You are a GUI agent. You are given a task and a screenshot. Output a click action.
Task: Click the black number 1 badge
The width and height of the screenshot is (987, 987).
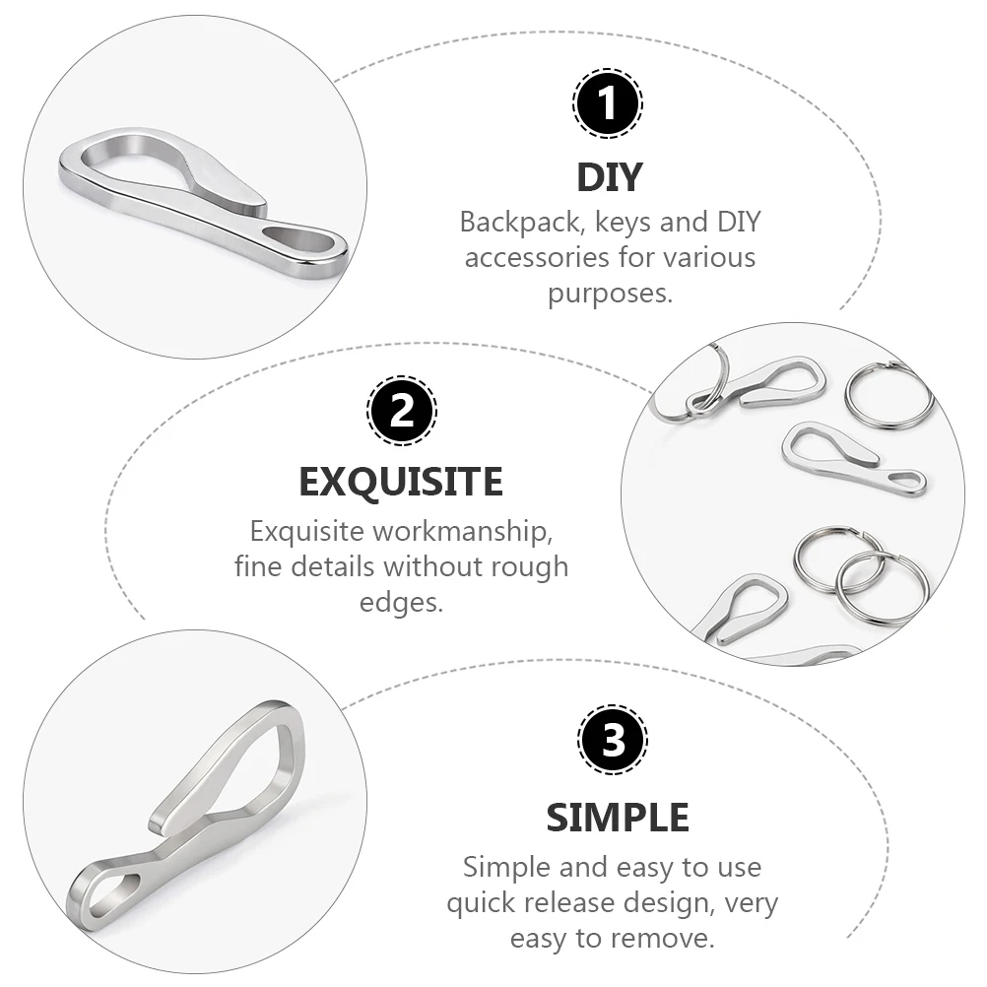click(x=608, y=103)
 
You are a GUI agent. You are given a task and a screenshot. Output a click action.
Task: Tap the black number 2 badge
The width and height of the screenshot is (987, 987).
click(x=402, y=409)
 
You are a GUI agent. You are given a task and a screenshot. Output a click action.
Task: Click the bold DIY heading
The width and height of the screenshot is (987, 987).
click(x=609, y=177)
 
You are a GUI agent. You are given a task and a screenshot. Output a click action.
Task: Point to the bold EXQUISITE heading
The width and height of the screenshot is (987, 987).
click(x=401, y=483)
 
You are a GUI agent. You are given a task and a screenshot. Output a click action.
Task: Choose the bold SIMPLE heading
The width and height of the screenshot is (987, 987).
click(x=618, y=817)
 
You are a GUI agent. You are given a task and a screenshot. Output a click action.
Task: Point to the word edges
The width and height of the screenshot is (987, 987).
click(x=401, y=603)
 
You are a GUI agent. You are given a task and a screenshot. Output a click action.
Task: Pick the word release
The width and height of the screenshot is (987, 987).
click(x=614, y=902)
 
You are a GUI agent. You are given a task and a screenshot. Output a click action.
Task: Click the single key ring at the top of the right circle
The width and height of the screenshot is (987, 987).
click(x=888, y=395)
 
